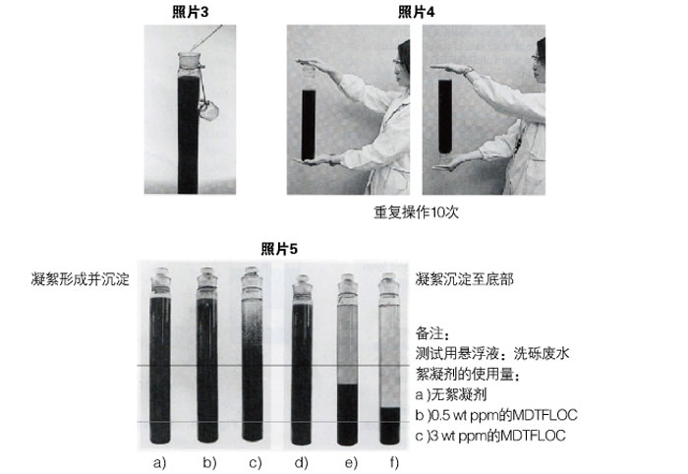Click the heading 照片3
[x=190, y=12]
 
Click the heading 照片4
[x=416, y=12]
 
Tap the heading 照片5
[x=279, y=249]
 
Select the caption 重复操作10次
[x=416, y=212]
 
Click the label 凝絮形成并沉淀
[x=81, y=279]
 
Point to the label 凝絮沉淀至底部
[x=464, y=279]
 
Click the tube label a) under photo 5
[x=159, y=462]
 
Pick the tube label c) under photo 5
[x=255, y=462]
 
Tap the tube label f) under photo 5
[x=394, y=462]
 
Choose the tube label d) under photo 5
[x=301, y=462]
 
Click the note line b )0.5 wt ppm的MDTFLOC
[x=496, y=415]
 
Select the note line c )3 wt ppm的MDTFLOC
[x=490, y=436]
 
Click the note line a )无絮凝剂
[x=451, y=394]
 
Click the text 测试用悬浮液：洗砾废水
[x=492, y=353]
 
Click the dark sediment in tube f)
[x=389, y=425]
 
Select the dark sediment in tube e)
[x=348, y=414]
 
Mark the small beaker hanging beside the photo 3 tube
[x=208, y=110]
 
